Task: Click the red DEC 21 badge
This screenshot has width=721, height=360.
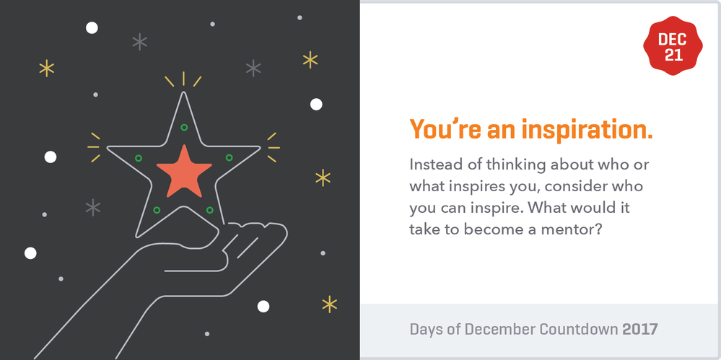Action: (x=673, y=48)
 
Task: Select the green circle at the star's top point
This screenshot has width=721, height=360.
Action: (x=184, y=128)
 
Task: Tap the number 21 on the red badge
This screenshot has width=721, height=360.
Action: (x=673, y=56)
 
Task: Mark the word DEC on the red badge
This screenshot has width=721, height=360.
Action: (x=673, y=40)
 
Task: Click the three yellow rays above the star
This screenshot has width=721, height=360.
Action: (x=183, y=79)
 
